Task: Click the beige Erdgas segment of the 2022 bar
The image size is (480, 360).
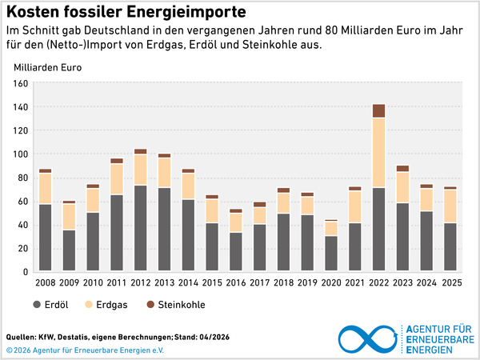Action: (378, 152)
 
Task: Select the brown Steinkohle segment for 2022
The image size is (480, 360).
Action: (378, 110)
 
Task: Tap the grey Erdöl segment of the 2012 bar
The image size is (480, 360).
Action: (141, 228)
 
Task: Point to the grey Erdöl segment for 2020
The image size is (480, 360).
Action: (330, 254)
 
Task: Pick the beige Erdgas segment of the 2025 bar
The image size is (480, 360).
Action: (450, 206)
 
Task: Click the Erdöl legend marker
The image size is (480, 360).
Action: (38, 304)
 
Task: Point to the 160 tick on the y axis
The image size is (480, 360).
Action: (22, 83)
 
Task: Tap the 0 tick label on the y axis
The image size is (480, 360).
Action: (26, 272)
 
